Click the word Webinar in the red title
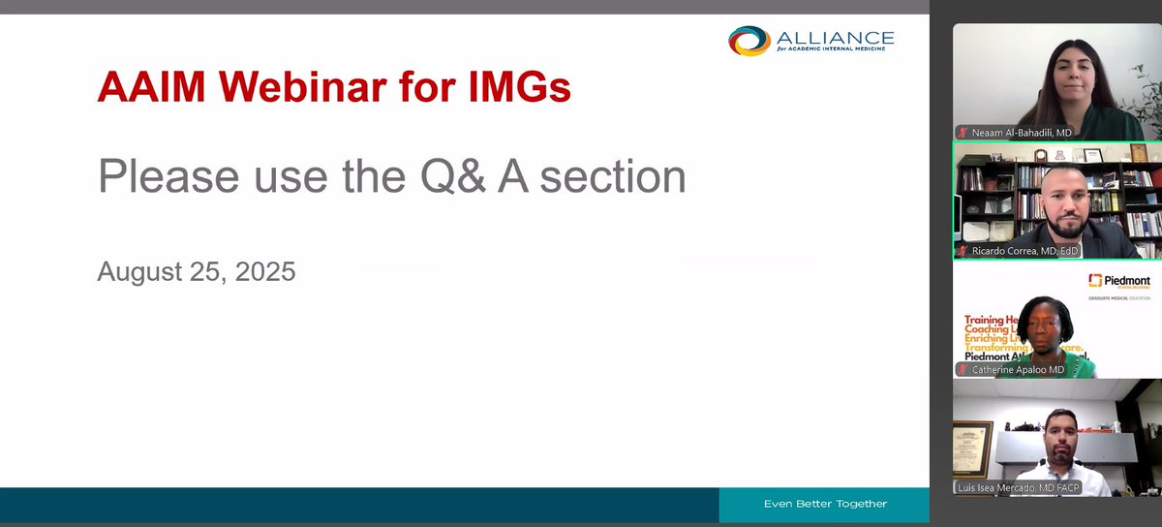pos(303,89)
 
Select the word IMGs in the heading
pos(513,89)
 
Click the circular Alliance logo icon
pos(749,41)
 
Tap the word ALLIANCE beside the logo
pos(835,37)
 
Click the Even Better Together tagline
pos(825,504)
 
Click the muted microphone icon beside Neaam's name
pos(963,132)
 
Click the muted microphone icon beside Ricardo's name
pos(963,251)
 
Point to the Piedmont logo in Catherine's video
pos(1118,281)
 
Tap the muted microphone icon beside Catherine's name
pos(963,369)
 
